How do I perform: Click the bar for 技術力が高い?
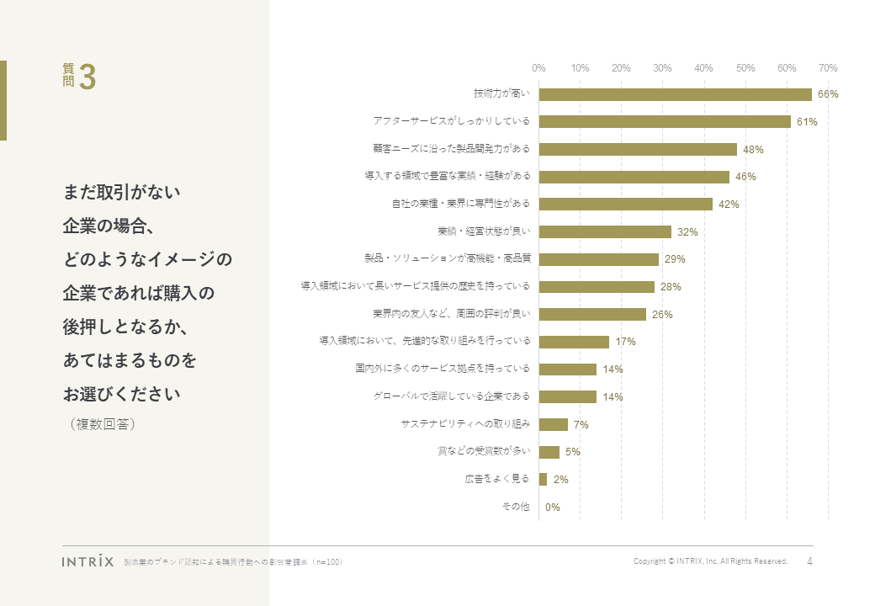[x=675, y=94]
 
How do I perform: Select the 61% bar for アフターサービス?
[x=665, y=122]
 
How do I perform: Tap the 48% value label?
[x=753, y=150]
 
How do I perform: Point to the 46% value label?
[x=745, y=177]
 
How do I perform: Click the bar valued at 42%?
[x=626, y=204]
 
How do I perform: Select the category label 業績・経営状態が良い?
[x=484, y=231]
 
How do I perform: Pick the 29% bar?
[x=599, y=259]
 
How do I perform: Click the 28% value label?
[x=671, y=287]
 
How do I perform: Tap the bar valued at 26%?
[x=592, y=314]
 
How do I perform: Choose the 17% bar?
[x=574, y=342]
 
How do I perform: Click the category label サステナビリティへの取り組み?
[x=465, y=424]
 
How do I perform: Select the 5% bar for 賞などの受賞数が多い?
[x=549, y=452]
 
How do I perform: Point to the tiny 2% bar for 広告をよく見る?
[x=543, y=479]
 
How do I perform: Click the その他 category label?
[x=515, y=507]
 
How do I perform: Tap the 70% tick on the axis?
[x=828, y=67]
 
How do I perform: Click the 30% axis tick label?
[x=662, y=67]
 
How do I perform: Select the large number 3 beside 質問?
[x=87, y=77]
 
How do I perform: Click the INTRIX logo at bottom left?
[x=87, y=561]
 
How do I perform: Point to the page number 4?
[x=809, y=561]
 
